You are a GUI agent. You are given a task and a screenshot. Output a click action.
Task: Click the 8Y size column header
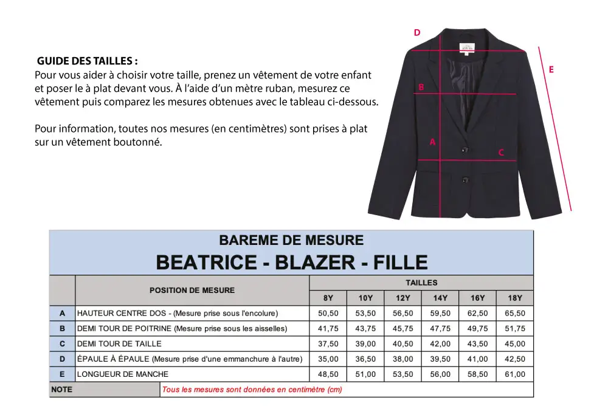pos(328,298)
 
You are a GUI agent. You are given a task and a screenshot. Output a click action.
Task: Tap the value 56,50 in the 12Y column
pos(403,314)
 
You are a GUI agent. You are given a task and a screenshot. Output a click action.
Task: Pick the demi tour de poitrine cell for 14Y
pos(440,329)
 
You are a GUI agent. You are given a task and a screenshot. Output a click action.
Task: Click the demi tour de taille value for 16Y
pos(478,344)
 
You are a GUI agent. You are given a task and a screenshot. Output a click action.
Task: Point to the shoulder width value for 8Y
pos(328,359)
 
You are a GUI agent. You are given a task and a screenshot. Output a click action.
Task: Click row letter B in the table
pos(62,329)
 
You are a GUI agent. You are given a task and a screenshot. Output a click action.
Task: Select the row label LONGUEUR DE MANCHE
pos(123,374)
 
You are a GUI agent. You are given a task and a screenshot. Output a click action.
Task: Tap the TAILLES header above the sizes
pos(421,283)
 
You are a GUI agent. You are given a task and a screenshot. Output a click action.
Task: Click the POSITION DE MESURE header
pos(192,290)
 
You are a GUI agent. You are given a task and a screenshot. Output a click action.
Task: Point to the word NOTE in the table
pos(62,390)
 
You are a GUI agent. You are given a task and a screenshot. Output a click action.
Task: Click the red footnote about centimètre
pos(252,390)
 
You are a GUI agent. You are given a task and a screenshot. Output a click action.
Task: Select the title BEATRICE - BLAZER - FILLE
pos(292,262)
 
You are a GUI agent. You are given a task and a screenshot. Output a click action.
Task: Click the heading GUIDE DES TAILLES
pos(88,61)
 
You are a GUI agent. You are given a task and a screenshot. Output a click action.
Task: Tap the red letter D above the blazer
pos(417,33)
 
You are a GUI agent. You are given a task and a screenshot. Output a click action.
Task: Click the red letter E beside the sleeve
pos(551,70)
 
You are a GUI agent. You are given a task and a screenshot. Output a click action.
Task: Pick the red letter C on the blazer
pos(501,153)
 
